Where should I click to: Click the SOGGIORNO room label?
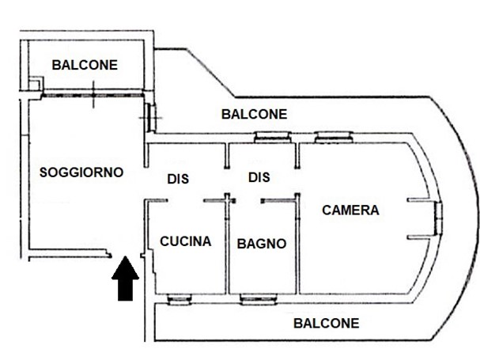[81, 171]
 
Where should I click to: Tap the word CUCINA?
[185, 241]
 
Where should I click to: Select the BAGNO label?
[262, 244]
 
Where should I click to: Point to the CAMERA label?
[351, 210]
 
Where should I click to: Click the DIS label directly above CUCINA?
[178, 180]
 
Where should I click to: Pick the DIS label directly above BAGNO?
[259, 178]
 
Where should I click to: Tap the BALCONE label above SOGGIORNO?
[85, 65]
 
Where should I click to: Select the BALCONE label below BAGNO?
[326, 323]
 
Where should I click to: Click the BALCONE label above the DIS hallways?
[254, 114]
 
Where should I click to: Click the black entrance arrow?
[125, 279]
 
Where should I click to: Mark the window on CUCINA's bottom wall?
[179, 299]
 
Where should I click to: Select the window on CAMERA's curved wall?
[437, 218]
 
